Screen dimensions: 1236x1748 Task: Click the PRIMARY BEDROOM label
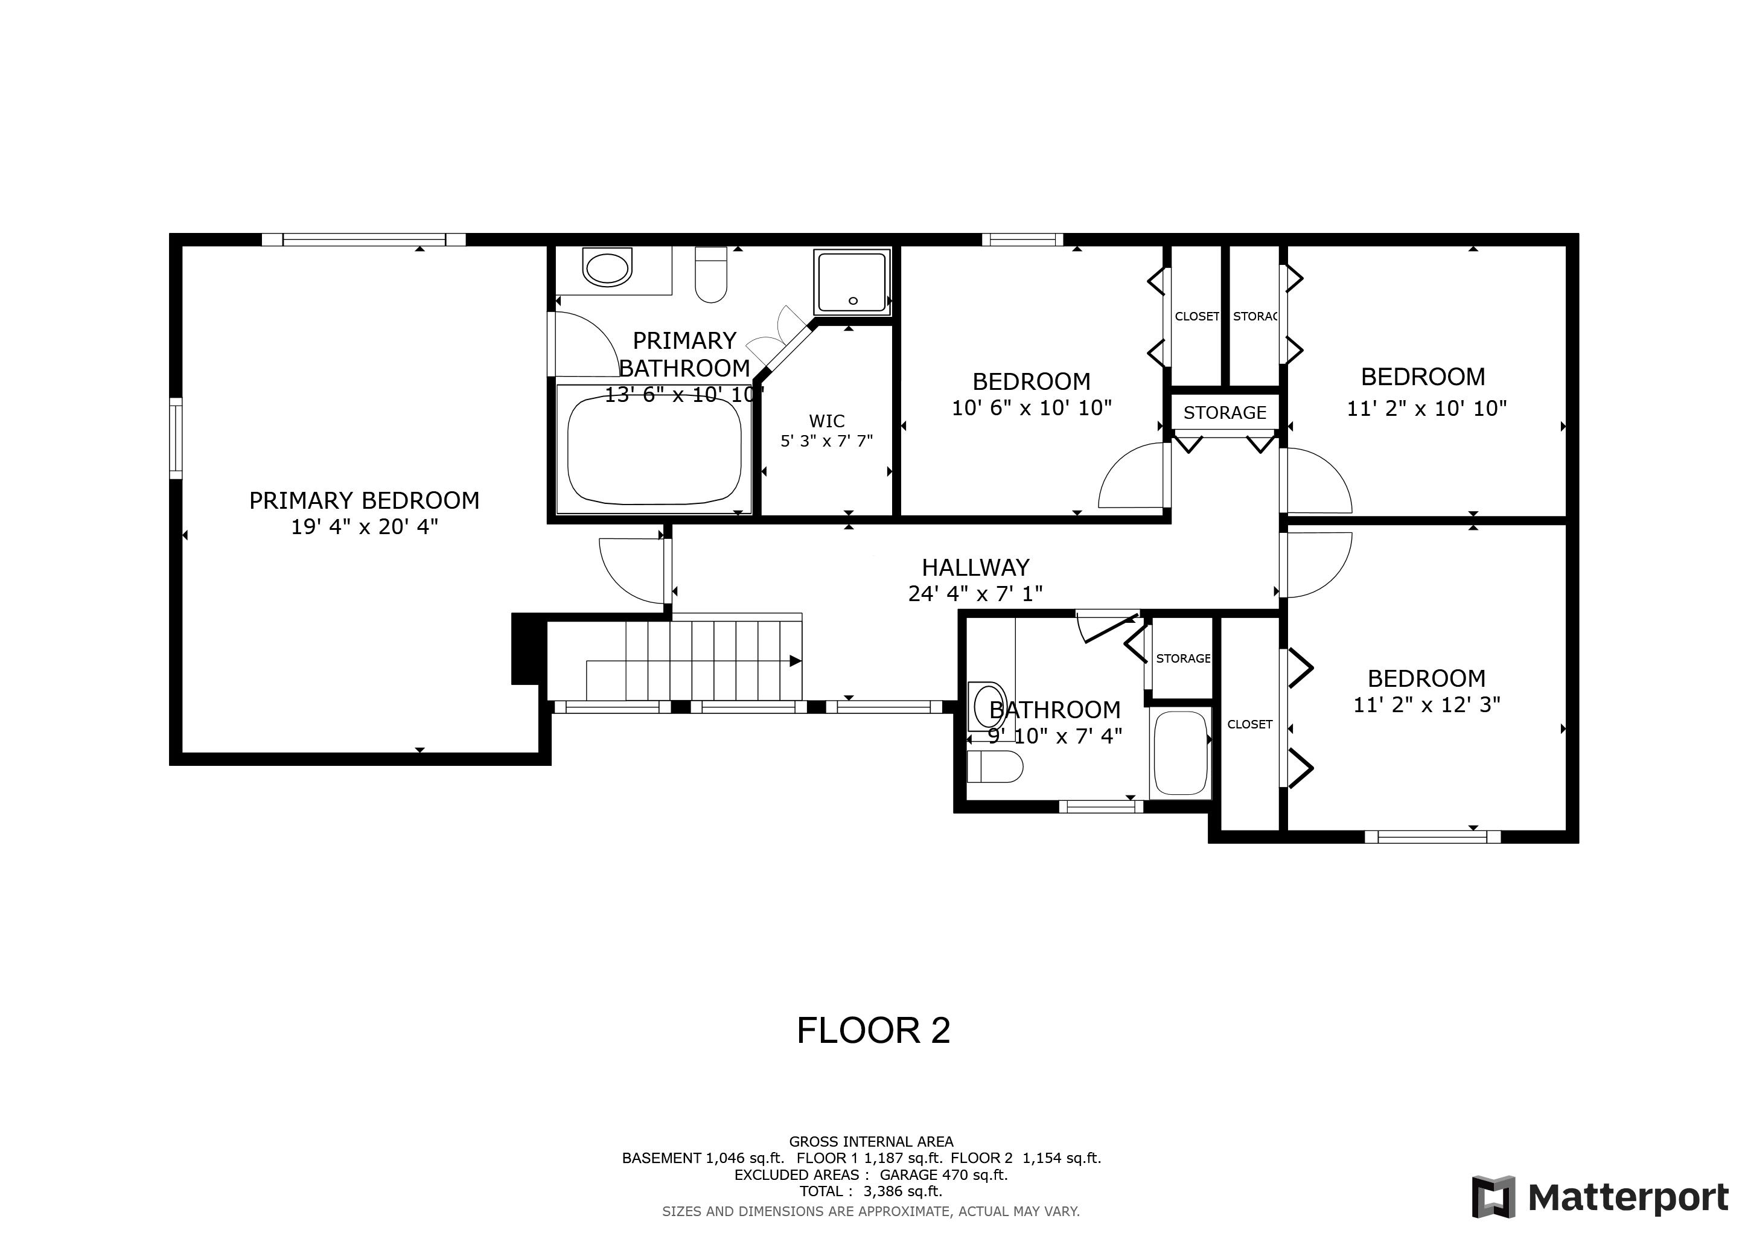(364, 500)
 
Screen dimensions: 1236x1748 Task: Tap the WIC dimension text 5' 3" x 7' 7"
(826, 441)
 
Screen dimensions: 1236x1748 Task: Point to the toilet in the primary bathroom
(711, 276)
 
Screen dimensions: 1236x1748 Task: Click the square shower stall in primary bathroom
(852, 282)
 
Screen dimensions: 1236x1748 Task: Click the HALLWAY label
(975, 567)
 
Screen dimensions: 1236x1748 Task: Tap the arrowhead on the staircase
(795, 661)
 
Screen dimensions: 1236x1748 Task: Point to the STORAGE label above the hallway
(1224, 413)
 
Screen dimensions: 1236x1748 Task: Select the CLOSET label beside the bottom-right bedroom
(1249, 725)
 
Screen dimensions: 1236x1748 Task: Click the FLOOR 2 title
(873, 1031)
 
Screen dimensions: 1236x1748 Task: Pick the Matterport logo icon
(1493, 1197)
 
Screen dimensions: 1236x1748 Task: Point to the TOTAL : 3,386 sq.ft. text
(870, 1191)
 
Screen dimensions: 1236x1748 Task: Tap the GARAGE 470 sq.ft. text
(943, 1174)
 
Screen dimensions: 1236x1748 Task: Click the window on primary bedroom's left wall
(176, 438)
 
